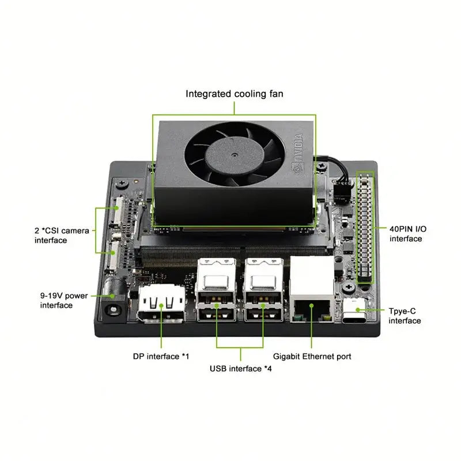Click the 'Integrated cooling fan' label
coord(234,93)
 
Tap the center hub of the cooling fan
coord(235,156)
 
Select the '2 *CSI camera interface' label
coord(62,235)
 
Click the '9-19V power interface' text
coord(64,300)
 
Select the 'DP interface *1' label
coord(161,356)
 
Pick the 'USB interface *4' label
coord(240,368)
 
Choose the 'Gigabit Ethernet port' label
coord(312,356)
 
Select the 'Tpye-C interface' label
coord(405,315)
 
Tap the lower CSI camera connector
coord(114,256)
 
